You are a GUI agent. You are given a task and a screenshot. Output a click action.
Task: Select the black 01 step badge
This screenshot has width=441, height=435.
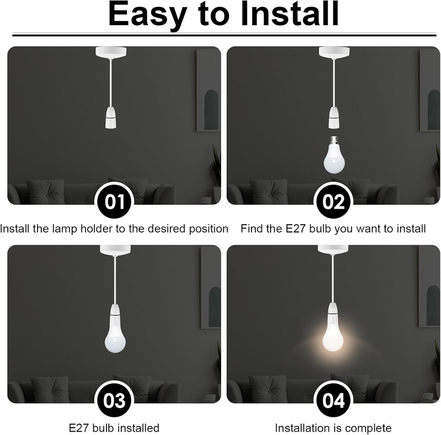coord(114,202)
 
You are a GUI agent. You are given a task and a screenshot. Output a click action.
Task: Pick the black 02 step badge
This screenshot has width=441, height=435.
coord(334,202)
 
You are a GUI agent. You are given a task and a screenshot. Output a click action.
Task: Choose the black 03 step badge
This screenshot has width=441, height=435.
coord(114,400)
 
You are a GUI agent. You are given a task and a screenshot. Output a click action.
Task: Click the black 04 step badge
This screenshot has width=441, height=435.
coord(334,400)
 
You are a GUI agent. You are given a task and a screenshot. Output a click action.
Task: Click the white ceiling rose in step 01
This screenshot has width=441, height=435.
coord(111,52)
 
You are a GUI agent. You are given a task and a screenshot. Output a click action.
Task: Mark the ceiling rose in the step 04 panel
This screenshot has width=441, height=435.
coord(333,250)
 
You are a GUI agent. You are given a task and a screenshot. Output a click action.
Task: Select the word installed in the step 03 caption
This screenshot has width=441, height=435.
coord(136,428)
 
